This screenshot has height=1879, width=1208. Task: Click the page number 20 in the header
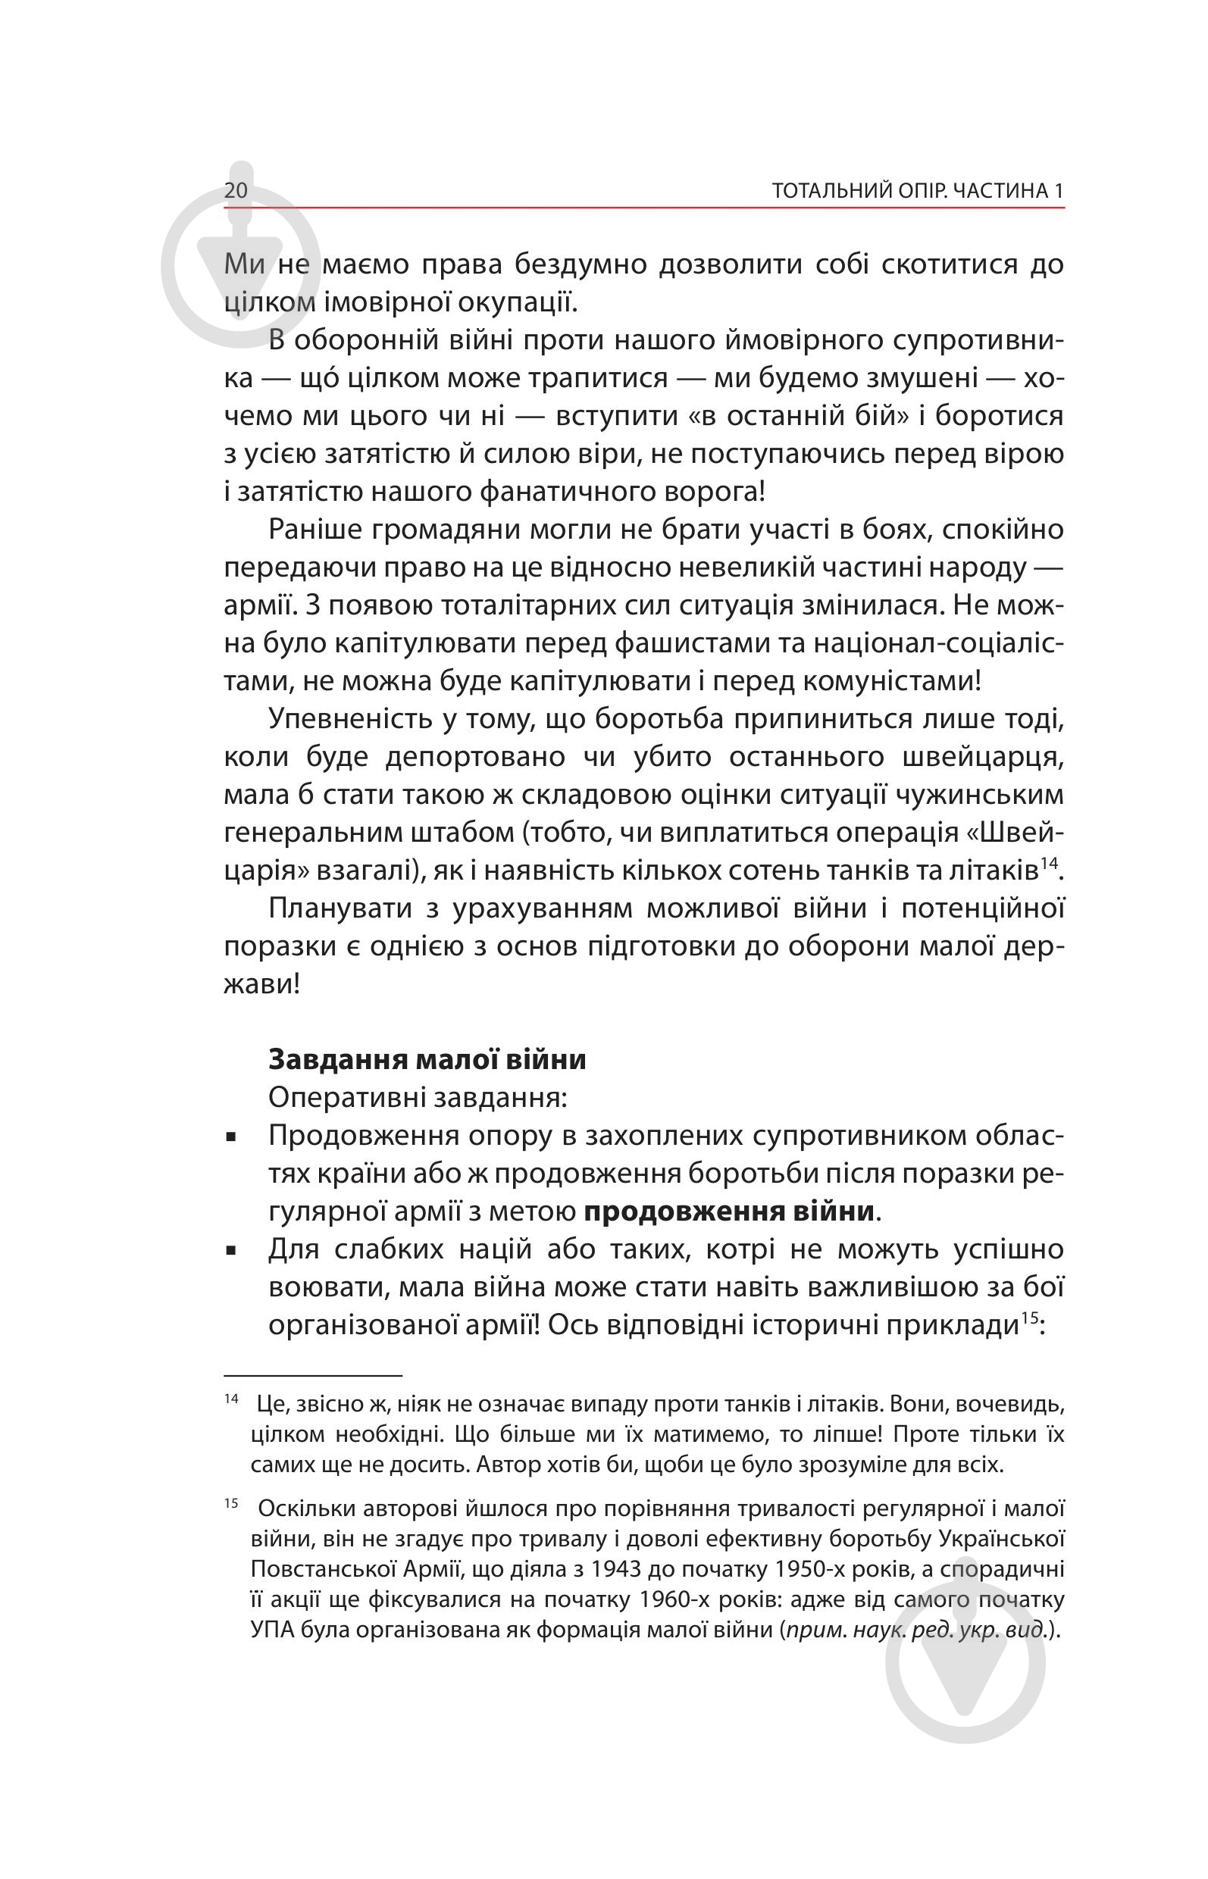[x=236, y=191]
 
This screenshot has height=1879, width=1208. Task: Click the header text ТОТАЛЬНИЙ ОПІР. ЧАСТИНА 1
[x=917, y=191]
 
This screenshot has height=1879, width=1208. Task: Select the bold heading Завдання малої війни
[x=427, y=1058]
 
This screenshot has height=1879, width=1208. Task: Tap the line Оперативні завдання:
[x=418, y=1097]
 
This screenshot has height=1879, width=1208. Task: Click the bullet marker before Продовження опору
[x=230, y=1137]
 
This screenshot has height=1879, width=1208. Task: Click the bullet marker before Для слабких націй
[x=230, y=1252]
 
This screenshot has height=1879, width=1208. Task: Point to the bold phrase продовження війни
[x=729, y=1212]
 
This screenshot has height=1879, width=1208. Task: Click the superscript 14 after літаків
[x=1049, y=864]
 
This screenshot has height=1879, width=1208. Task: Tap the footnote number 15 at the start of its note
[x=230, y=1503]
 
